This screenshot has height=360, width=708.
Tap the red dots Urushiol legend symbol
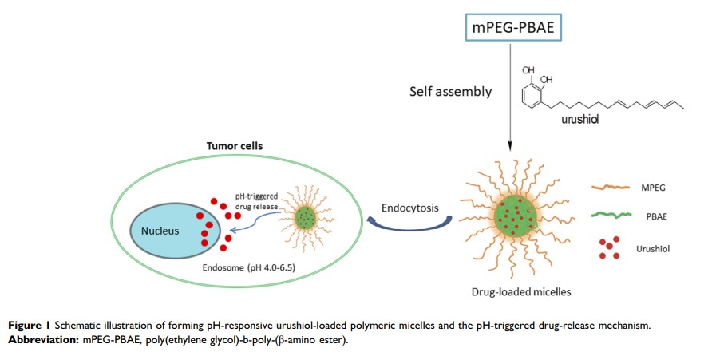(x=611, y=248)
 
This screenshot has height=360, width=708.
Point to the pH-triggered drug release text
(x=255, y=200)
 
